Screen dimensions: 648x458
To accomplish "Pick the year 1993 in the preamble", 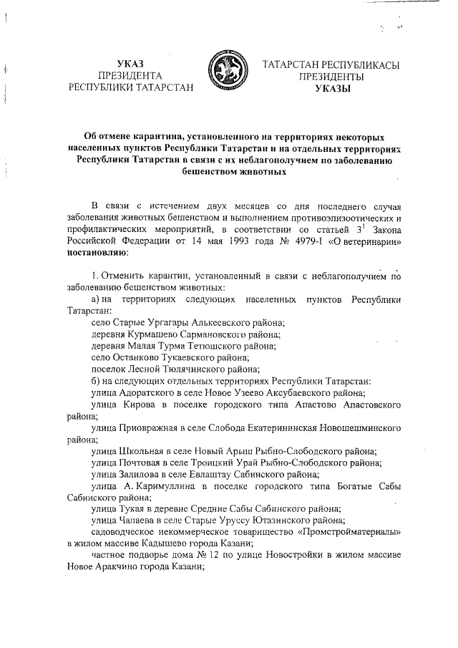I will tap(238, 242).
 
